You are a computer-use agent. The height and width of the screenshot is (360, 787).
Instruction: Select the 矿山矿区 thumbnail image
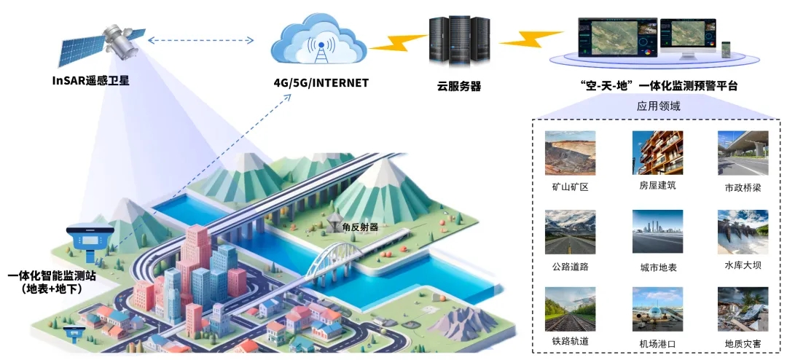[570, 152]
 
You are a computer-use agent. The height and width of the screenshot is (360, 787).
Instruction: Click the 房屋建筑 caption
[657, 185]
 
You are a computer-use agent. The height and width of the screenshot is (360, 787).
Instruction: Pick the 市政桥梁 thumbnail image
[743, 152]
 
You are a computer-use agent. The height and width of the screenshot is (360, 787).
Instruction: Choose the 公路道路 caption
[570, 266]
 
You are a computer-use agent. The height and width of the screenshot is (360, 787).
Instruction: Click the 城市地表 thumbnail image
[657, 232]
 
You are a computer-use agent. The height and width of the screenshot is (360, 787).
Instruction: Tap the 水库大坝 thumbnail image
[743, 232]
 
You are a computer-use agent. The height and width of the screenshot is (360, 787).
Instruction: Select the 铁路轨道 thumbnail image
[570, 309]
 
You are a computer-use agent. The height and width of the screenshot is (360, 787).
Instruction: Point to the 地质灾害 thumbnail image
[743, 309]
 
